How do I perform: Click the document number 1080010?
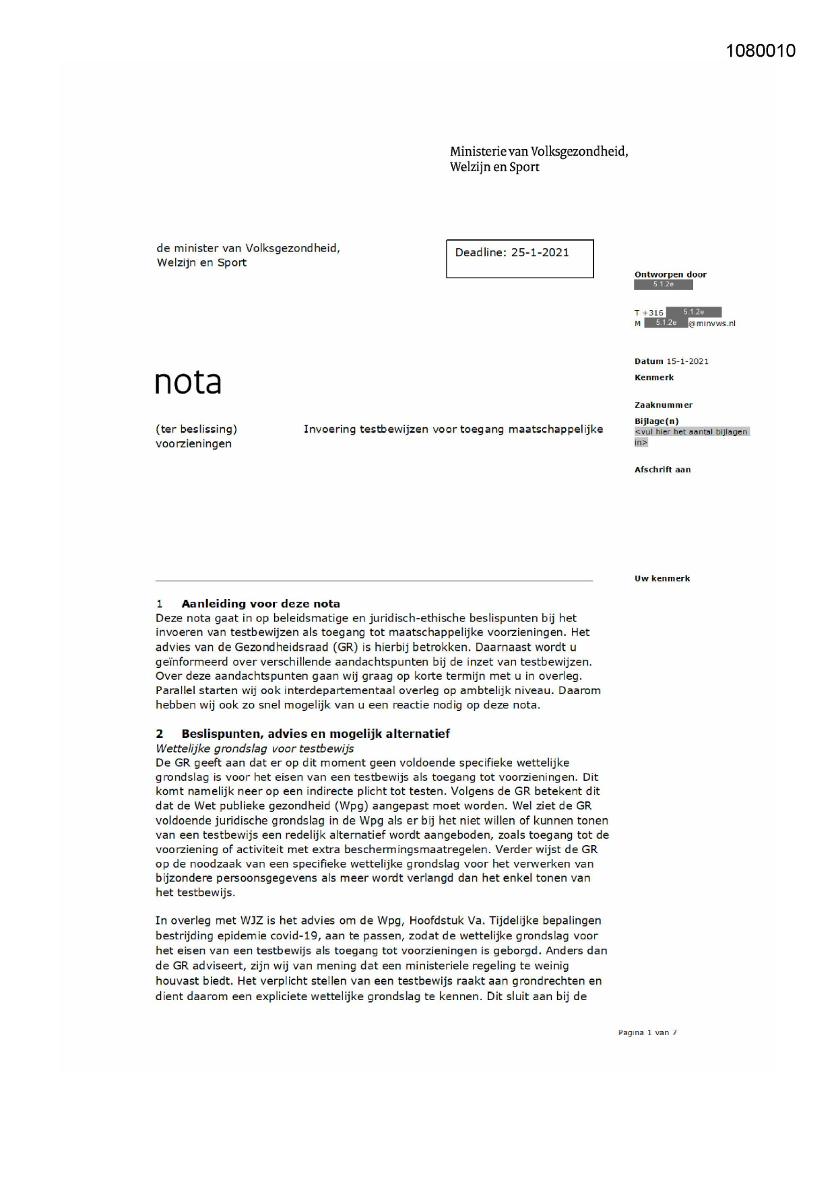761,51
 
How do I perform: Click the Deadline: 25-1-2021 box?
519,258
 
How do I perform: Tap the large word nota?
188,382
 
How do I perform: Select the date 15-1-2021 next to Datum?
687,361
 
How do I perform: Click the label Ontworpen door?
670,274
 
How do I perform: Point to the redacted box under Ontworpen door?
663,284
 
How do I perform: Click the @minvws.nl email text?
712,323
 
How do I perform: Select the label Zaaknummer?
663,405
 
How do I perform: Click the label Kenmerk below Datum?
653,377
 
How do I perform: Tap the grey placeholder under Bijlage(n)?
691,437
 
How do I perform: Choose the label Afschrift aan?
662,470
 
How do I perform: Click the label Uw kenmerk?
662,578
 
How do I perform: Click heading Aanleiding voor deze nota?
260,604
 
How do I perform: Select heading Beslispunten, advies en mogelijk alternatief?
315,733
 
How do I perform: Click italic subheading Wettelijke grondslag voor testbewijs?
254,748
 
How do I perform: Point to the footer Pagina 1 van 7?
647,1032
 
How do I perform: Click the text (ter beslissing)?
196,429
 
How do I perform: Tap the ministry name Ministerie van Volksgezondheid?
538,152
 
